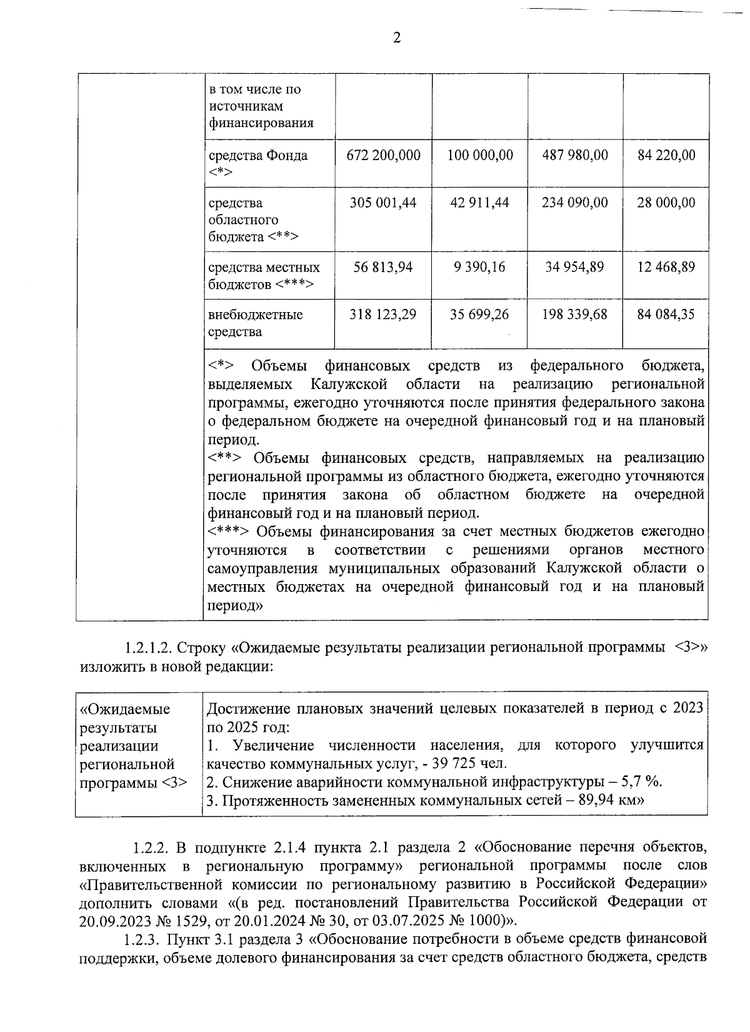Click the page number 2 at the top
396,38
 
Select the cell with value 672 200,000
383,155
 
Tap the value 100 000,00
480,155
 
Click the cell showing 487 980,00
575,155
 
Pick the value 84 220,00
666,155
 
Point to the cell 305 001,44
383,203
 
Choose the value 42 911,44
480,203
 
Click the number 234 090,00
575,203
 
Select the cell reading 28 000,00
666,203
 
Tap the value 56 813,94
383,267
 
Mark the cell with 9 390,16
480,267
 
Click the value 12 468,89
666,267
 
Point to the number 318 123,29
383,315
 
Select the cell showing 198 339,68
575,315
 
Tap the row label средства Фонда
257,163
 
